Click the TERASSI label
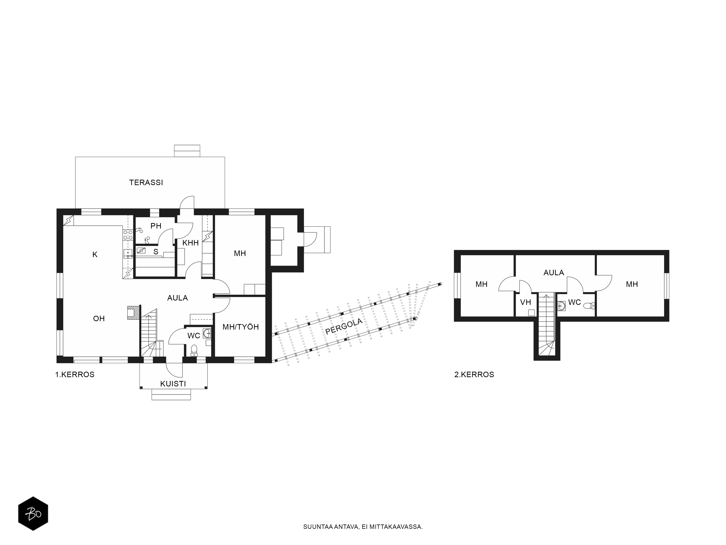click(x=146, y=183)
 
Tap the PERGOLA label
click(x=344, y=326)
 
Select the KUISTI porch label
click(x=173, y=384)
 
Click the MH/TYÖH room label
click(x=240, y=327)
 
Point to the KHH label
click(x=191, y=243)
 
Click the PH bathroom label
click(x=156, y=226)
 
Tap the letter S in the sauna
click(x=156, y=252)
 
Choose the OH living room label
click(x=99, y=318)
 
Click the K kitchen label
click(x=95, y=254)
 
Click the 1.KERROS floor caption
click(x=75, y=374)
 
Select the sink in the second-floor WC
click(x=561, y=306)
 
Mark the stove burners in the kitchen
click(x=128, y=235)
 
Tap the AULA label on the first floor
click(x=178, y=298)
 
